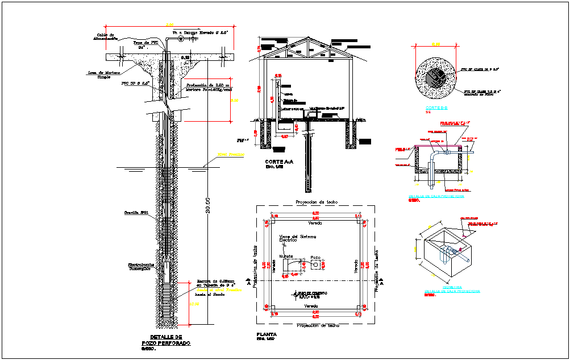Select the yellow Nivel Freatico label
pos(231,154)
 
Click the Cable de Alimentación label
pos(105,36)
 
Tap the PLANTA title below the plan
pos(267,334)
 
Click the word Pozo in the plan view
pos(315,257)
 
